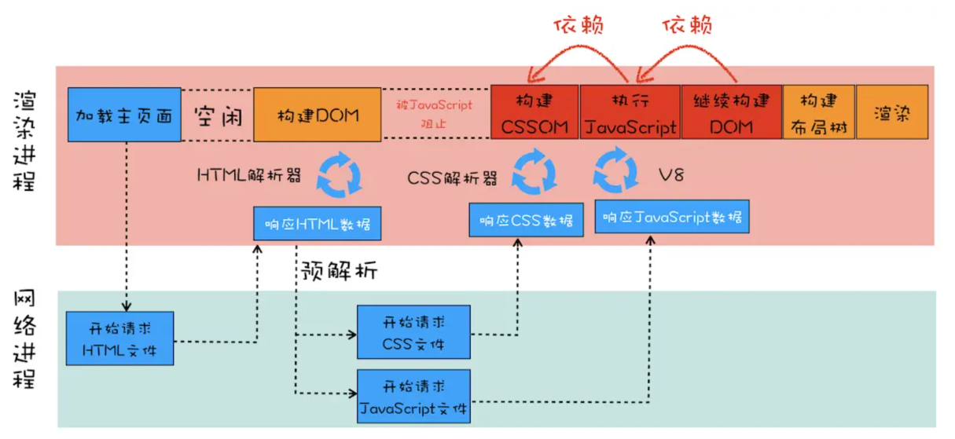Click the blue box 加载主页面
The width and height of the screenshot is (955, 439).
(x=124, y=115)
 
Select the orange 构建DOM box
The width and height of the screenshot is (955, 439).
(x=318, y=115)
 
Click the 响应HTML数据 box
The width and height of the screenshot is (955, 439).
(x=318, y=224)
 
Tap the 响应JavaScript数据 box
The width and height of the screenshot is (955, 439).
(x=672, y=216)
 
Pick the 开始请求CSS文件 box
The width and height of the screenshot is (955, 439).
(x=414, y=332)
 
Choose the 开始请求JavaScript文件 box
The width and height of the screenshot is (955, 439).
(x=414, y=397)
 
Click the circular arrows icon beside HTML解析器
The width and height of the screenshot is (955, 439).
(x=339, y=176)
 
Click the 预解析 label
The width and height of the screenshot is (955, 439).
(x=340, y=272)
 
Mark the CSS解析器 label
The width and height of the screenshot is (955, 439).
(x=453, y=178)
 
